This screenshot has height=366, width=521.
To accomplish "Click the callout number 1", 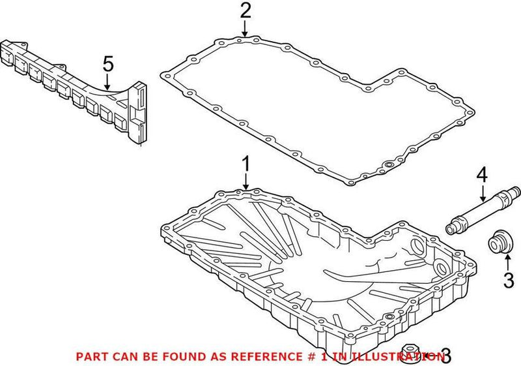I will point(246,163).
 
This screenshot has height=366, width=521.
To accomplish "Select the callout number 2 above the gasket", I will point(245,10).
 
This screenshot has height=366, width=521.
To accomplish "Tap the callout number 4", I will point(481,174).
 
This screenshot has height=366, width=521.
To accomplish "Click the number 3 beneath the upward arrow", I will point(508,281).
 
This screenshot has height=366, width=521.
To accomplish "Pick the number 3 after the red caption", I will point(445,356).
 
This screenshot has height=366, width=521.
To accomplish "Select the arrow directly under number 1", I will point(246,182).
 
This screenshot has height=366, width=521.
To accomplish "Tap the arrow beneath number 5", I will point(108,82).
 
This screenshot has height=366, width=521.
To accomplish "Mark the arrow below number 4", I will point(482,192).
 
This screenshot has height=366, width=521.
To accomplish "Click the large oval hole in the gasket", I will point(389,166).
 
